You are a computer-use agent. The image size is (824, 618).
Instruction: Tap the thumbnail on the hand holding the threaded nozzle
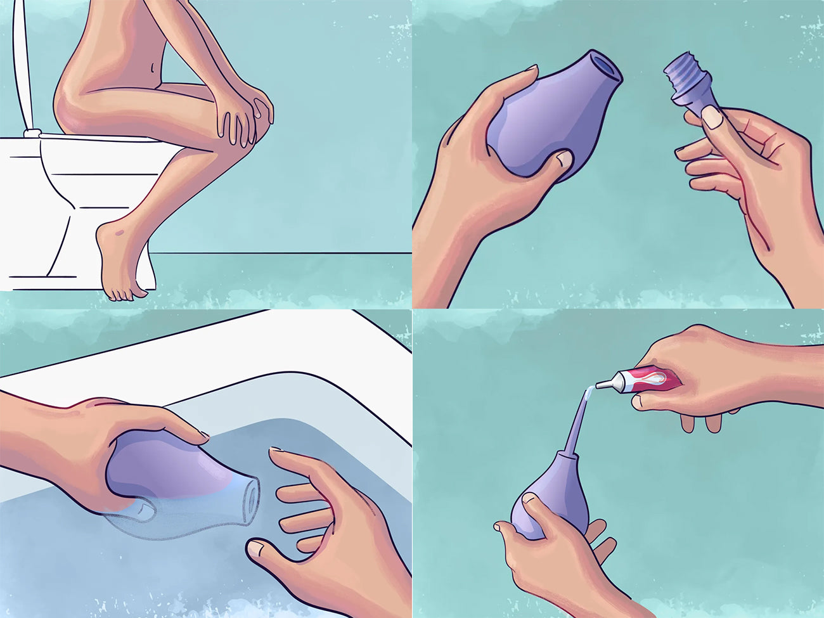pos(712,117)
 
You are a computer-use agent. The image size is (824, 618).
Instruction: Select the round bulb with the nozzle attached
pos(539,501)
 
